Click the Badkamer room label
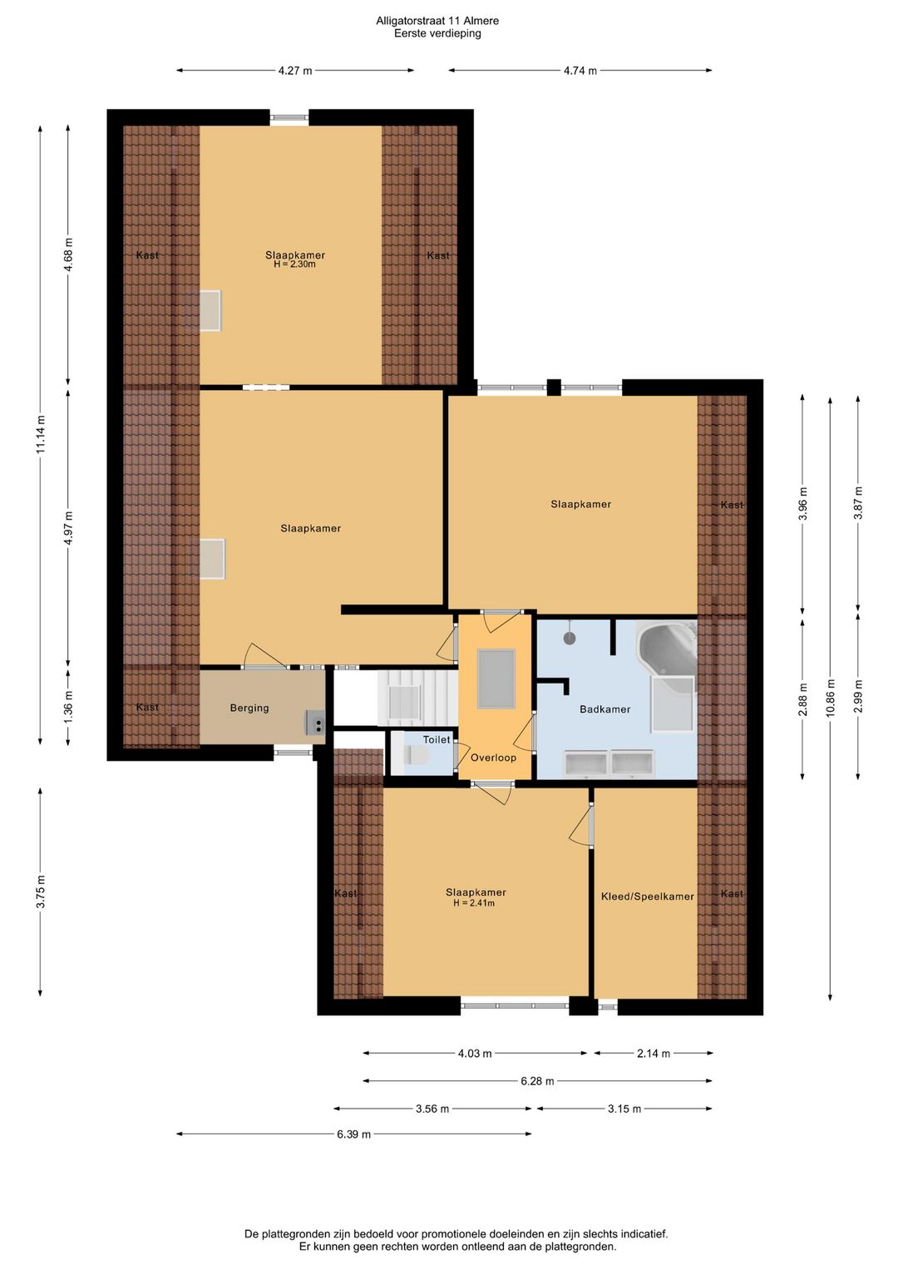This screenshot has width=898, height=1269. [x=604, y=709]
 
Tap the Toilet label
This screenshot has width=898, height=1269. [x=437, y=739]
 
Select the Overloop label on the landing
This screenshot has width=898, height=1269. [x=493, y=758]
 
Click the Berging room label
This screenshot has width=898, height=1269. [x=249, y=708]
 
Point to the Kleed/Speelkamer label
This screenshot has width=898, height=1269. [x=648, y=896]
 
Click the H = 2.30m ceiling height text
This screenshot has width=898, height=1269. [x=294, y=264]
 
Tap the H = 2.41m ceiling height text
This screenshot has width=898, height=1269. [x=474, y=903]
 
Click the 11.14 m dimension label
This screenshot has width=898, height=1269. [x=40, y=434]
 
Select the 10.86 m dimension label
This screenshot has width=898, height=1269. [x=830, y=698]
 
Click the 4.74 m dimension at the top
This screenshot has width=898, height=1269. [x=580, y=71]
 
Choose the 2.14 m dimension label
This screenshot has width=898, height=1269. [x=654, y=1053]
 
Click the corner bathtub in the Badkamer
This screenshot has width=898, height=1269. [x=667, y=650]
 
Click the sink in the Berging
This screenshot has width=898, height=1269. [x=316, y=723]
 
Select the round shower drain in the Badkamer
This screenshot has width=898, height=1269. [x=569, y=638]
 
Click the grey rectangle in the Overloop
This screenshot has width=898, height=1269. [x=496, y=679]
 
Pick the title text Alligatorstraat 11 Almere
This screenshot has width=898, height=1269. [x=437, y=21]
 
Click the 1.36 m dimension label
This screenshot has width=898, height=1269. [x=68, y=707]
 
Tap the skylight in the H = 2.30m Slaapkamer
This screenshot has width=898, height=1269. [x=210, y=310]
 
